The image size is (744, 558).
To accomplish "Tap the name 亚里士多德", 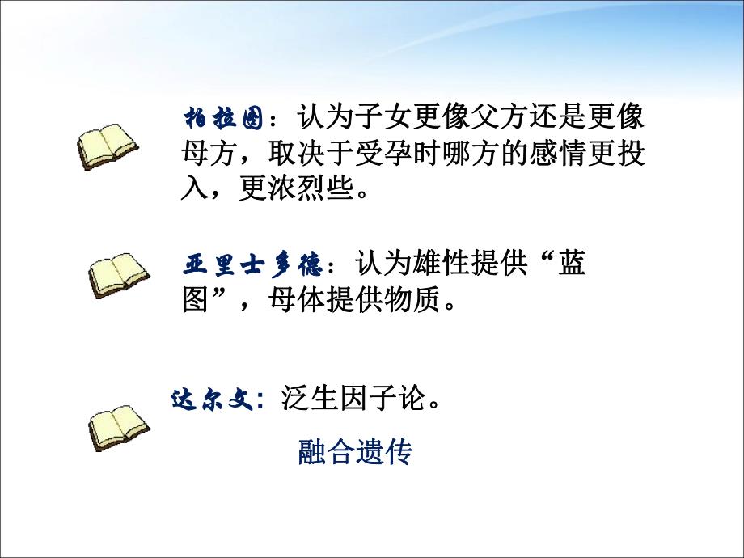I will (253, 264).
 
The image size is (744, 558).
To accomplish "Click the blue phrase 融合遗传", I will (355, 452).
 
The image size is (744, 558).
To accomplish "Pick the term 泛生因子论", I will (353, 399).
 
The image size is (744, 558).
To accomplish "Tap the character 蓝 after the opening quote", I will (572, 264).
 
